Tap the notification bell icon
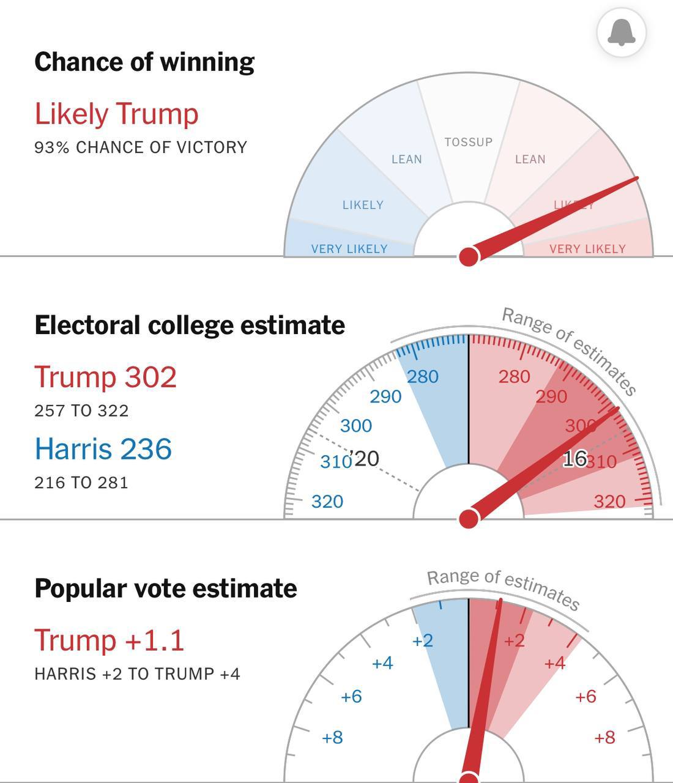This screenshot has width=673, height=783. pyautogui.click(x=621, y=32)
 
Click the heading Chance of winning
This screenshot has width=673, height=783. pyautogui.click(x=144, y=62)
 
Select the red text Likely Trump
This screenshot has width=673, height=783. pyautogui.click(x=116, y=114)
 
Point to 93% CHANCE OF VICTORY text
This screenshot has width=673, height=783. pyautogui.click(x=141, y=147)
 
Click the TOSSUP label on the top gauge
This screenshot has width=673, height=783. pyautogui.click(x=468, y=142)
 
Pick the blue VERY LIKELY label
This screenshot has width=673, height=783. pyautogui.click(x=349, y=249)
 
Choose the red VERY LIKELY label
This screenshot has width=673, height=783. pyautogui.click(x=587, y=249)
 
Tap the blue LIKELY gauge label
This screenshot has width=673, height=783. pyautogui.click(x=363, y=205)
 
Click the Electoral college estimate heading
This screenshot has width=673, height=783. pyautogui.click(x=190, y=325)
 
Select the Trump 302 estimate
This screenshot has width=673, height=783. pyautogui.click(x=105, y=377)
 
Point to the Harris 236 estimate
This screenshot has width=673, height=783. pyautogui.click(x=103, y=449)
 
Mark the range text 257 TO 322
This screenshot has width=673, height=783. pyautogui.click(x=81, y=410)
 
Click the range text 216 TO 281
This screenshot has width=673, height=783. pyautogui.click(x=81, y=483)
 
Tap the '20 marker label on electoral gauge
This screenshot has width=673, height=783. pyautogui.click(x=365, y=458)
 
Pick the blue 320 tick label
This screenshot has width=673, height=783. pyautogui.click(x=327, y=502)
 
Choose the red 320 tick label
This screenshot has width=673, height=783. pyautogui.click(x=609, y=502)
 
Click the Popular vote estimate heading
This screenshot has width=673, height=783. pyautogui.click(x=166, y=588)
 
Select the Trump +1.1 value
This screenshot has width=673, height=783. pyautogui.click(x=109, y=640)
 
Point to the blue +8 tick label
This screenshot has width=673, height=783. pyautogui.click(x=332, y=738)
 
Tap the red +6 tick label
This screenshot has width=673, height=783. pyautogui.click(x=586, y=696)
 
